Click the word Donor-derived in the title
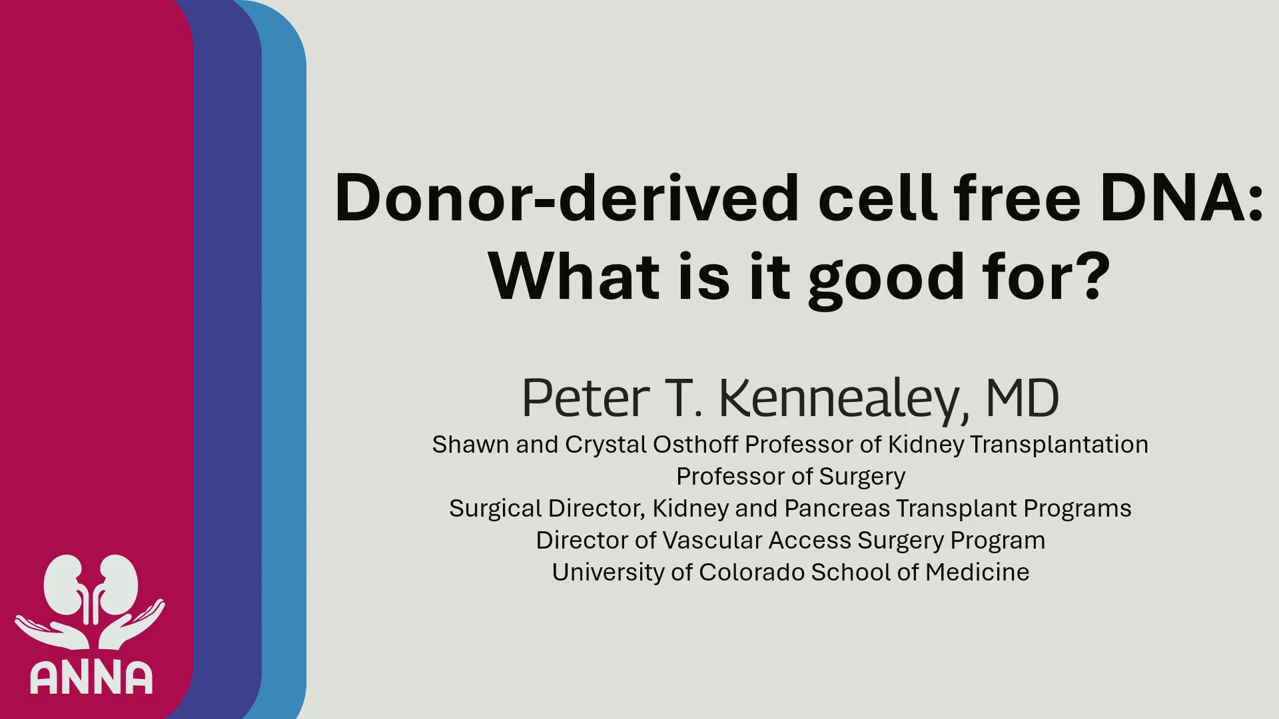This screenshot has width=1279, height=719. coord(566,198)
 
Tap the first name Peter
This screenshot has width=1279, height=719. coord(585,398)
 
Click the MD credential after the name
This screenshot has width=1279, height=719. coord(1023,398)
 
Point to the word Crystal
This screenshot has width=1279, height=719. coord(606,445)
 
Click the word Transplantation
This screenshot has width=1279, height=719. coord(1059,444)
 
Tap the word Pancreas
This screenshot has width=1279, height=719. coord(837,508)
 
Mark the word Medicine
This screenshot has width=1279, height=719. coord(977,572)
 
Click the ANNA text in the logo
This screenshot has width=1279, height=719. coord(91,678)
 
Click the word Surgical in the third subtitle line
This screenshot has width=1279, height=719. coord(496,509)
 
